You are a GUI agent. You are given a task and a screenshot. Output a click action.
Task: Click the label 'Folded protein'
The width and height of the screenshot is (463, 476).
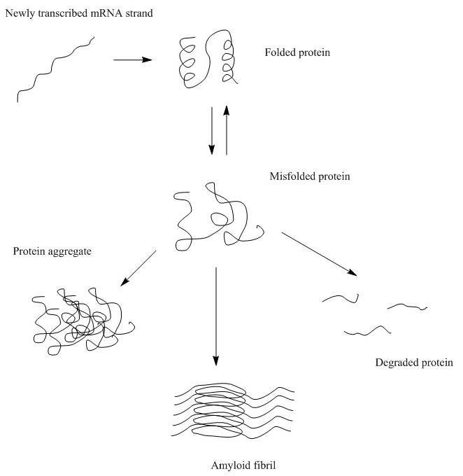click(x=297, y=52)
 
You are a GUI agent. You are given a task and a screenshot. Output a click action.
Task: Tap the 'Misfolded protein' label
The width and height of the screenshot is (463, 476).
click(x=309, y=176)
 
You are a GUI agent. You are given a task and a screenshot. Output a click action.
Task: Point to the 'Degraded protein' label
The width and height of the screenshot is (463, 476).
click(x=414, y=363)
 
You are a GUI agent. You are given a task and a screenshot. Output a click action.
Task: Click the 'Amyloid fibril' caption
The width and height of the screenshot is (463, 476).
click(x=238, y=465)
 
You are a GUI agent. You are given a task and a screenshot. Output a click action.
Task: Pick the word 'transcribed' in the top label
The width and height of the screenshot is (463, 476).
click(x=60, y=13)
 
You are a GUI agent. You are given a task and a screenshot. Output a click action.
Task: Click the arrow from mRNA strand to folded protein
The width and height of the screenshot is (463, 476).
click(x=132, y=60)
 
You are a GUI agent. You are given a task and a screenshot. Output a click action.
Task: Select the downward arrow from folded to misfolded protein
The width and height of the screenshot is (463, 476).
click(x=211, y=130)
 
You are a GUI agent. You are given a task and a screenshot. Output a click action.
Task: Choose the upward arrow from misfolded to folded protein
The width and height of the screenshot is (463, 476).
click(x=226, y=129)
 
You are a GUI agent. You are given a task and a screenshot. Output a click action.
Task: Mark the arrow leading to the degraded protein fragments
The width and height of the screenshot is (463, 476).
click(x=319, y=254)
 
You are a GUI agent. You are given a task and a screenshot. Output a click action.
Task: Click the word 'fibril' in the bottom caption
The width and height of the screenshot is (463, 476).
click(x=255, y=465)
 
